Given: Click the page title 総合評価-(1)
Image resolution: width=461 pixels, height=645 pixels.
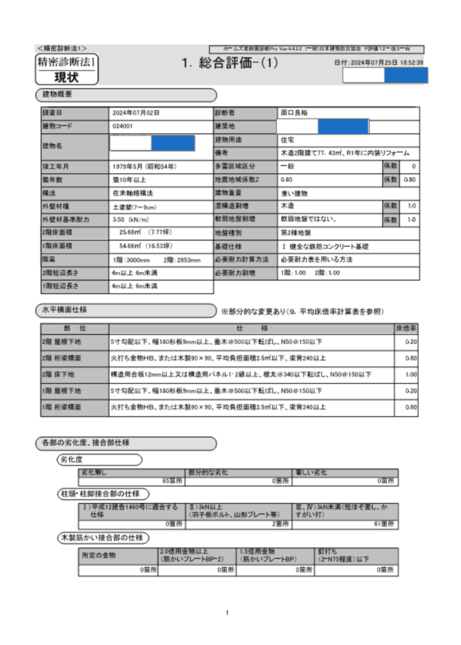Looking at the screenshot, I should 229,63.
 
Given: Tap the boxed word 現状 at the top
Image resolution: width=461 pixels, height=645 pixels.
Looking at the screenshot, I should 66,77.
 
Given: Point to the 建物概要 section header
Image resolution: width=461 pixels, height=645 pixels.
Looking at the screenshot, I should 57,94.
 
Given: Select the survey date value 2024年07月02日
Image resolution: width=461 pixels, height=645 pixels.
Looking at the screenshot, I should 136,113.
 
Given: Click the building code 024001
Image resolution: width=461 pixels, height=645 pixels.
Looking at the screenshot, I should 122,126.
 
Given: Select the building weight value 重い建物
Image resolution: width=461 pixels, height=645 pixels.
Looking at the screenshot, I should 294,193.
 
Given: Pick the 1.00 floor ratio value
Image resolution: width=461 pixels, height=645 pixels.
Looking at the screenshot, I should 411,374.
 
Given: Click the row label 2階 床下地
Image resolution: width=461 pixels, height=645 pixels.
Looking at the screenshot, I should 57,374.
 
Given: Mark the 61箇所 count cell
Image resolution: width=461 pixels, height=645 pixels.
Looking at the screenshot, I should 383,523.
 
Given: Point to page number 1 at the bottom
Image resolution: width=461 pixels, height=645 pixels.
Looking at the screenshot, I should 227,612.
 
